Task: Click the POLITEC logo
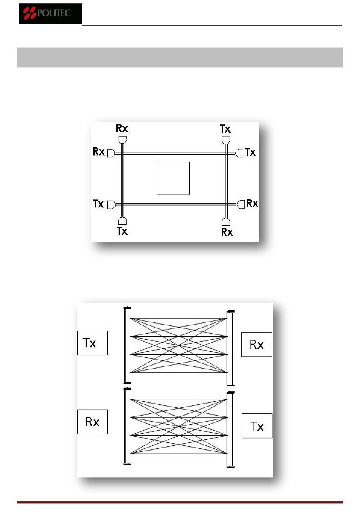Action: [x=50, y=14]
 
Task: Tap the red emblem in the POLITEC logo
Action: [x=30, y=14]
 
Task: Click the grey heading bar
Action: [x=180, y=57]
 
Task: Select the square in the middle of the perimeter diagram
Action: [x=173, y=178]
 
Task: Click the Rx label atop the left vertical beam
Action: [x=122, y=128]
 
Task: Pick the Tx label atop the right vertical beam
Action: [x=225, y=129]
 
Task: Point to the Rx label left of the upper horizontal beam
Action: [x=99, y=152]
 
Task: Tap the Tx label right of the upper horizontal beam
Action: [x=250, y=152]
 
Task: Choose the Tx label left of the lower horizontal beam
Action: [x=98, y=204]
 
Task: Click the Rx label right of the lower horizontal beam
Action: [x=252, y=204]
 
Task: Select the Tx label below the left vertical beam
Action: [x=122, y=231]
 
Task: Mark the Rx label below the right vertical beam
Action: [x=227, y=232]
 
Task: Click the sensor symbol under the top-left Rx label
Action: [x=122, y=140]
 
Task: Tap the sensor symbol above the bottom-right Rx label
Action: [x=226, y=221]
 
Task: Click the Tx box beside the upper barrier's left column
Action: [x=92, y=343]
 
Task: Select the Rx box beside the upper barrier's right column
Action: [x=257, y=344]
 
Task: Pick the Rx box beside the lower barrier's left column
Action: [x=92, y=422]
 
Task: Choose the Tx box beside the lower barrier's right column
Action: [x=257, y=426]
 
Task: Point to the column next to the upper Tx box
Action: [x=127, y=345]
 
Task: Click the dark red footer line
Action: [x=180, y=503]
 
